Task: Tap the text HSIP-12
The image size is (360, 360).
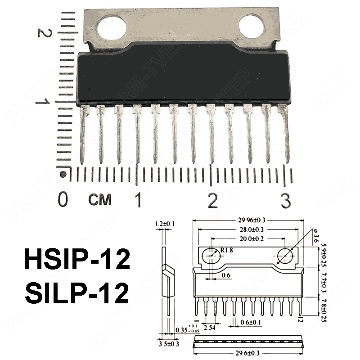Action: coord(76,261)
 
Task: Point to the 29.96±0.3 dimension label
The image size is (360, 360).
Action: coord(252,220)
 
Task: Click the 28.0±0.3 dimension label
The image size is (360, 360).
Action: coord(252,229)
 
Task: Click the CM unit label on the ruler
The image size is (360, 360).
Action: coord(100,200)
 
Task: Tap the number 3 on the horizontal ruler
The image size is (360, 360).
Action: coord(285,200)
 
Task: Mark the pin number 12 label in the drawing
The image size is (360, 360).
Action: coord(300,319)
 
